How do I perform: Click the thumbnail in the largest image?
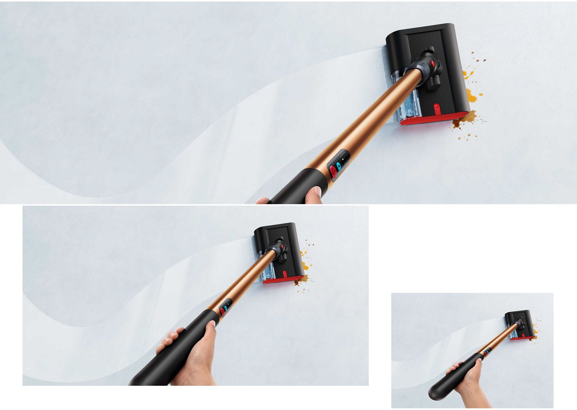pyautogui.click(x=318, y=191)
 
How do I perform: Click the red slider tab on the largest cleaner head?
pyautogui.click(x=437, y=109)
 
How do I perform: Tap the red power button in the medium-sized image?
pyautogui.click(x=222, y=311)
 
